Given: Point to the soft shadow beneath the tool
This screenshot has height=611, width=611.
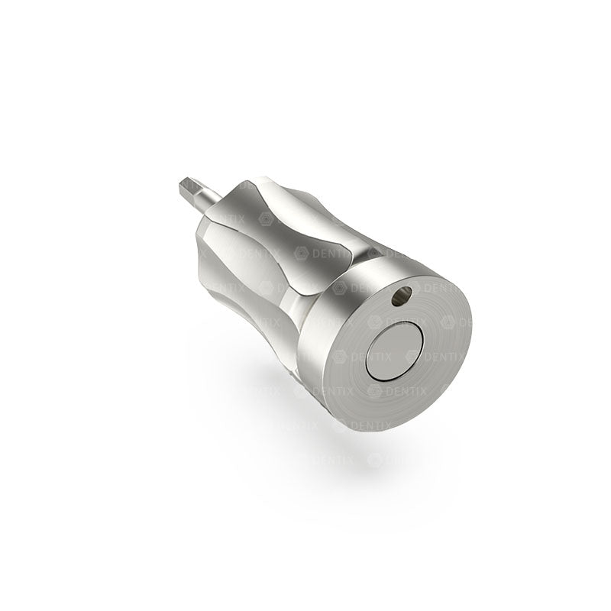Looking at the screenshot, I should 305,458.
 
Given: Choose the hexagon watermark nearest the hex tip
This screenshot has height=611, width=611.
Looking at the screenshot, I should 266,218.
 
